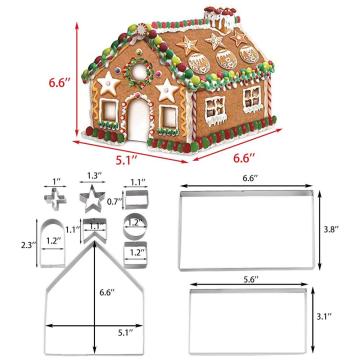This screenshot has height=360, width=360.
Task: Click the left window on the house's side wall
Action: (213, 109)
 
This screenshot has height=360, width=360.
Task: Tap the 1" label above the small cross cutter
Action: (57, 181)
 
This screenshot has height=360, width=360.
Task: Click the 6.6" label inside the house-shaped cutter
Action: (105, 293)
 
